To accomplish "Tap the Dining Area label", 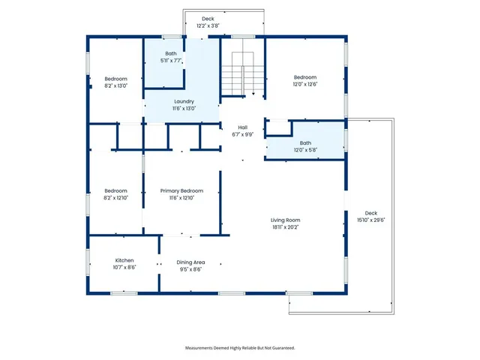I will (190, 262).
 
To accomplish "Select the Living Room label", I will (286, 220).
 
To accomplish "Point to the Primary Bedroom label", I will (181, 191).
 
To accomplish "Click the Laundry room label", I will (184, 101).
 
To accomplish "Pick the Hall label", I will (242, 127).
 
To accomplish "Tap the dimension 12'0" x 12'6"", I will (305, 84).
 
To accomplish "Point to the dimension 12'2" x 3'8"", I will (208, 25).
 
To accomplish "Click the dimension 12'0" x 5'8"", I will (305, 150).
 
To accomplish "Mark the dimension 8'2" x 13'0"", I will (115, 85).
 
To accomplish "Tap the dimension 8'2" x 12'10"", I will (115, 198).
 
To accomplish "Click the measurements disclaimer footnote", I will (240, 348).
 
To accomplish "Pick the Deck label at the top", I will (208, 19).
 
